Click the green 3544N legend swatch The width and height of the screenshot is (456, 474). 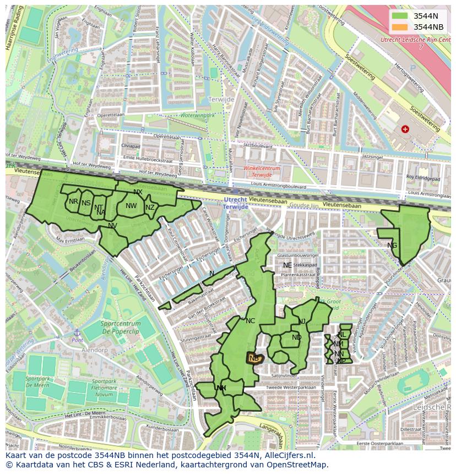(400, 16)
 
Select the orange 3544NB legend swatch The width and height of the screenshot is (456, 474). (400, 27)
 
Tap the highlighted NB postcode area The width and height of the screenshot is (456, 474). (254, 358)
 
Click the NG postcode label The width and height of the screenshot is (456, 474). (392, 246)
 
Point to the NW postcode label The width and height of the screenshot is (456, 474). (131, 206)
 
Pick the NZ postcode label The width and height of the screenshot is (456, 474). (150, 208)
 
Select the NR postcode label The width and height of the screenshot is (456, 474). (73, 201)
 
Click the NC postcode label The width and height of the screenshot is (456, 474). (251, 321)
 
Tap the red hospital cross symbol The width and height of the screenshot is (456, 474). (405, 129)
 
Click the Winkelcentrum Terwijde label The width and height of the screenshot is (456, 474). (262, 171)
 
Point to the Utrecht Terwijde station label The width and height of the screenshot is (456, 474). (235, 203)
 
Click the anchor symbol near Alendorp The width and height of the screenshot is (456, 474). (77, 333)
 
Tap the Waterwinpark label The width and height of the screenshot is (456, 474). (197, 116)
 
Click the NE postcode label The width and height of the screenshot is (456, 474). (287, 265)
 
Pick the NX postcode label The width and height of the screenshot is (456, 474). (138, 192)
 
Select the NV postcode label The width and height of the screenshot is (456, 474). (112, 226)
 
